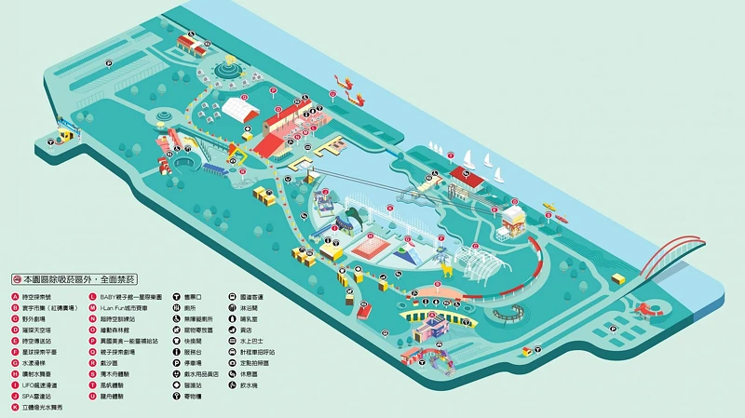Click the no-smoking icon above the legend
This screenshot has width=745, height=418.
pyautogui.click(x=17, y=279)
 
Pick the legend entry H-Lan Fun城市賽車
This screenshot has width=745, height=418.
pyautogui.click(x=130, y=307)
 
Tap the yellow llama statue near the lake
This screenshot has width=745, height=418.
pyautogui.click(x=448, y=270)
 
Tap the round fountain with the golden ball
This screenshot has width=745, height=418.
pyautogui.click(x=227, y=68)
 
